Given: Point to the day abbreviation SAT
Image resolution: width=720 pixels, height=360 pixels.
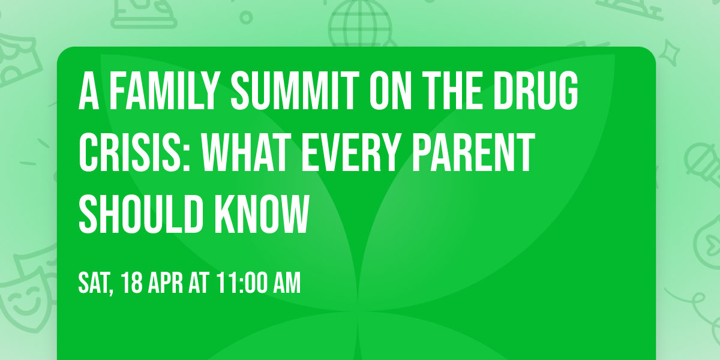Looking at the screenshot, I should click(95, 283).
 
